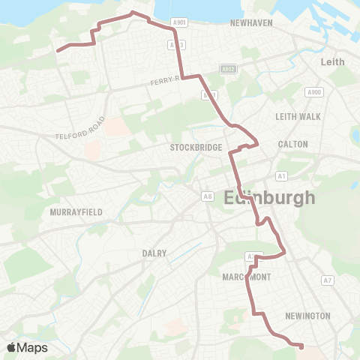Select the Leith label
(x=332, y=61)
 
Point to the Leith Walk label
(x=296, y=116)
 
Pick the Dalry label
(x=154, y=253)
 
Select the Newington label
(x=307, y=316)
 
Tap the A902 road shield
(x=229, y=69)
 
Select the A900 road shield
(x=313, y=91)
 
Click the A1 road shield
(x=282, y=175)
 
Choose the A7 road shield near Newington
(x=327, y=280)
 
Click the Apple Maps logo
(x=27, y=347)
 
